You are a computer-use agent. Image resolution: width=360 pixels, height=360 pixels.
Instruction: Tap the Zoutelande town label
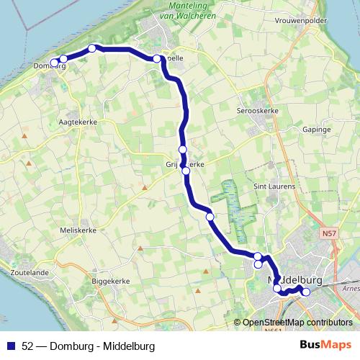coord(30,274)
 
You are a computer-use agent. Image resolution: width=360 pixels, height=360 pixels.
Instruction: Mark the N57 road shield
coord(328,233)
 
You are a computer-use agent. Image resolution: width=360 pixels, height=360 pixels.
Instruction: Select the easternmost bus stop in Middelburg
coord(305,292)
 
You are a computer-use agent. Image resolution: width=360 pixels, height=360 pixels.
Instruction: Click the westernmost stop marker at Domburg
coord(54,63)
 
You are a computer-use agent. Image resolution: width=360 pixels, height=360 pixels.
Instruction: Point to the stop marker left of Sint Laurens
coord(210,216)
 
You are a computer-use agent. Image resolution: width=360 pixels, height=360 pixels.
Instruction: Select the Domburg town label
coord(50,67)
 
